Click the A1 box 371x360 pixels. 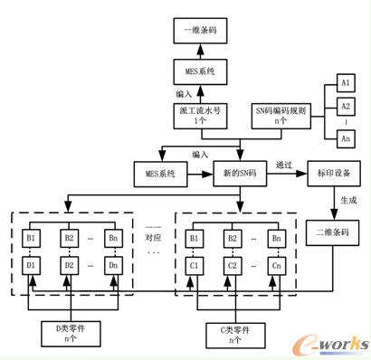(x=344, y=82)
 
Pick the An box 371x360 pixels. (x=344, y=139)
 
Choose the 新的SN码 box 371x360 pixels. (x=240, y=172)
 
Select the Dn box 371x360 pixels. (x=112, y=267)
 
